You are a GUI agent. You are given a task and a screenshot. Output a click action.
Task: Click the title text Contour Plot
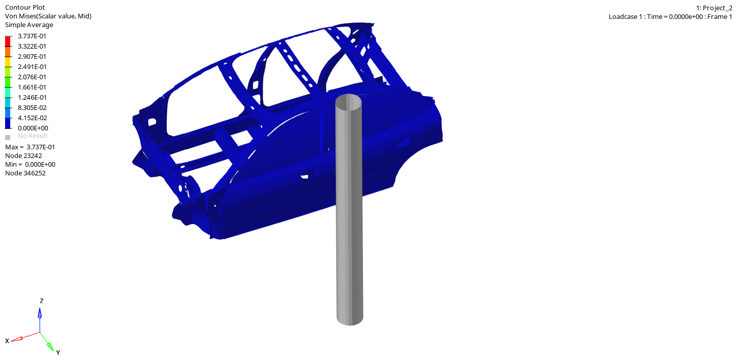pos(25,7)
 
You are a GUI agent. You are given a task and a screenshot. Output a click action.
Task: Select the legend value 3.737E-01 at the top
pos(32,36)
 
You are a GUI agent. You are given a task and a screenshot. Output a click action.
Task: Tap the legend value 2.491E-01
pos(32,66)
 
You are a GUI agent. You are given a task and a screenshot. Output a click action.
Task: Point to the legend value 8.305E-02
pos(32,107)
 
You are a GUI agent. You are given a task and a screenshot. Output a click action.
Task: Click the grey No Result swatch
pos(8,137)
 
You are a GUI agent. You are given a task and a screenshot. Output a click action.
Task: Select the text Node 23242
pos(24,155)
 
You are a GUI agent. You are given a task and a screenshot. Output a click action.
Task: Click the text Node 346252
pos(25,173)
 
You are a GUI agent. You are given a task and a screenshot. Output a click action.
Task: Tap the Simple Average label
pos(29,25)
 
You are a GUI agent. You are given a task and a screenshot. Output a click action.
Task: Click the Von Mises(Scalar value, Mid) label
pos(48,16)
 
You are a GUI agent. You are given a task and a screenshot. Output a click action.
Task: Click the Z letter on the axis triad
pos(41,301)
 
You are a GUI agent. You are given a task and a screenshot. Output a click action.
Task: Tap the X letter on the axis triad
pos(7,341)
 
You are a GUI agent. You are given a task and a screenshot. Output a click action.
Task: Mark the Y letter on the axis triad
pos(58,352)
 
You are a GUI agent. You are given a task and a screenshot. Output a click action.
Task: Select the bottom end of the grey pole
pos(350,319)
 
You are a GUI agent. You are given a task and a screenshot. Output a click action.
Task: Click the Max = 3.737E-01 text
pos(30,147)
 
